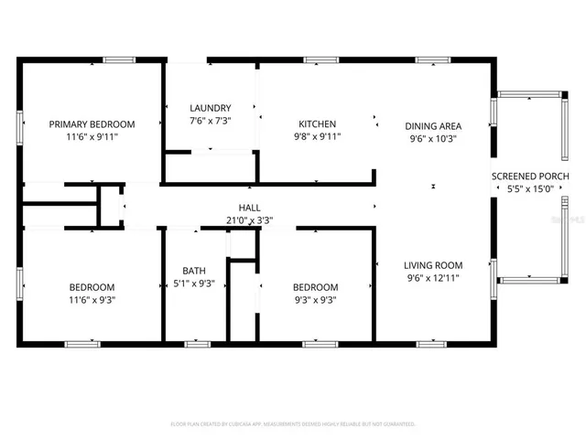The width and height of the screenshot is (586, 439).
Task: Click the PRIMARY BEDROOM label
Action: (x=92, y=124)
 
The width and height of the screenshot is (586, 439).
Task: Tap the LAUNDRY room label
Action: (x=210, y=107)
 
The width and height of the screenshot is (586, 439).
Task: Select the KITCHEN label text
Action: (x=318, y=124)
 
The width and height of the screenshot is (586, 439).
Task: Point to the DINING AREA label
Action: (x=433, y=126)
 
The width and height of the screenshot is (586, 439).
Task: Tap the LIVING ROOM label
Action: (x=433, y=265)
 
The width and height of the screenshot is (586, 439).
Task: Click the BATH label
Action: (x=193, y=271)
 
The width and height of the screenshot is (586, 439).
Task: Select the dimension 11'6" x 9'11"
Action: (x=92, y=137)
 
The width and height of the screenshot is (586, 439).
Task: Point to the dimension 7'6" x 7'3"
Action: (x=210, y=120)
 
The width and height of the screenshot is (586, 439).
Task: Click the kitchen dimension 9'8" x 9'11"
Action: (x=318, y=137)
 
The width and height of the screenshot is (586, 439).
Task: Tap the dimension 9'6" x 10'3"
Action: (x=433, y=139)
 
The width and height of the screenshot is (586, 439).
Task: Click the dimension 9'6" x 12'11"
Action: (x=433, y=278)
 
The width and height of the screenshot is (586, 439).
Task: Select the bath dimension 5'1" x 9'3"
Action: (x=193, y=284)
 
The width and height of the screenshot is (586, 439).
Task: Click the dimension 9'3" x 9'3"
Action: (x=315, y=299)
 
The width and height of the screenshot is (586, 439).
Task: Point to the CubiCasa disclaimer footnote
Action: (x=293, y=424)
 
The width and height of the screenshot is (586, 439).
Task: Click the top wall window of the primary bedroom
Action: (x=118, y=60)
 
